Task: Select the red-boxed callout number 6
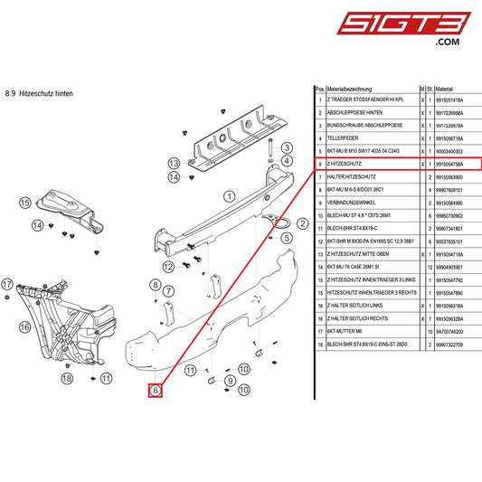pyautogui.click(x=156, y=392)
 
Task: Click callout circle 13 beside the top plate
pyautogui.click(x=175, y=162)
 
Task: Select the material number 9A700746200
pyautogui.click(x=449, y=332)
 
